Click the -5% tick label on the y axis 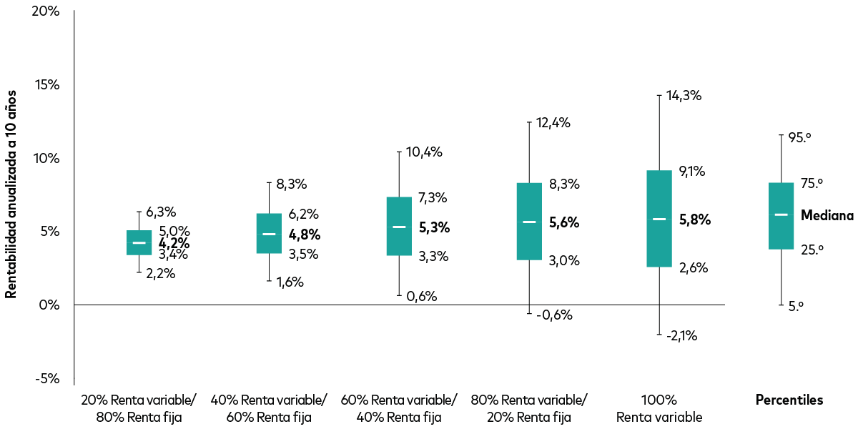(47, 378)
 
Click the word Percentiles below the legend (789, 400)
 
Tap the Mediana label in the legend (827, 215)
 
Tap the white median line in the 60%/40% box (399, 227)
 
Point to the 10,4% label (424, 152)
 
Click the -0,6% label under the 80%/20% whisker (554, 315)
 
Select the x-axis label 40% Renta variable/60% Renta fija (270, 408)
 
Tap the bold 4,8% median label (304, 235)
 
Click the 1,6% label (290, 282)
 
